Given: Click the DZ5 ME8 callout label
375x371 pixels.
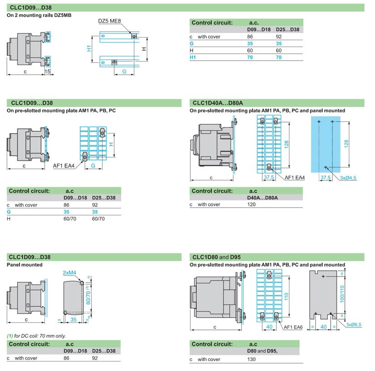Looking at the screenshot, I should click(109, 21).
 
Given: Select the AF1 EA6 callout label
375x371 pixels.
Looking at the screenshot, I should click(294, 327).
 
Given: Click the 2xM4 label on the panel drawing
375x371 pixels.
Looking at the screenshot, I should click(70, 273).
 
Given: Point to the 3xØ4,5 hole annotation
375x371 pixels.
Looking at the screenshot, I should click(348, 178).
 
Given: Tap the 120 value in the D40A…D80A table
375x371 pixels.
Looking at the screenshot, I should click(252, 205).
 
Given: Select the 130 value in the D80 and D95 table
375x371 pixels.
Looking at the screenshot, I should click(252, 359).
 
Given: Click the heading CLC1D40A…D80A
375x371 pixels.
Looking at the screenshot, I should click(216, 103).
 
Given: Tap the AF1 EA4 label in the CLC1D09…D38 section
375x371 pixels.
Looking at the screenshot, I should click(63, 166).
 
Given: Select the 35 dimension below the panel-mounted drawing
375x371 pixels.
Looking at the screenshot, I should click(73, 319).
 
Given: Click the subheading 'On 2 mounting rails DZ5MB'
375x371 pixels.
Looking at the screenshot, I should click(39, 15).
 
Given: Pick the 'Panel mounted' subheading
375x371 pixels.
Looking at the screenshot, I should click(24, 265).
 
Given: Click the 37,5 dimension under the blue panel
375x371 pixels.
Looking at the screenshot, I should click(325, 178).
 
